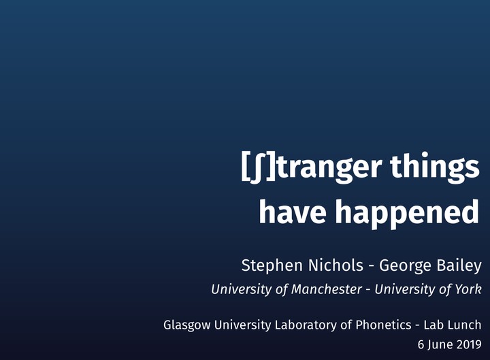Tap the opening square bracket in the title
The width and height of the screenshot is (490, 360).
245,165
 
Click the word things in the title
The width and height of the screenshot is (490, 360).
435,167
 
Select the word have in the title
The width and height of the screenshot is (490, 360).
293,211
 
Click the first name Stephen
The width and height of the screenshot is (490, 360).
272,266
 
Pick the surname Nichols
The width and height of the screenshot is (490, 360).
336,265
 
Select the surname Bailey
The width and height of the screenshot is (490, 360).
459,266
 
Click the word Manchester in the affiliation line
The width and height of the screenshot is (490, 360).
326,289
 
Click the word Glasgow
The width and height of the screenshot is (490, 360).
187,325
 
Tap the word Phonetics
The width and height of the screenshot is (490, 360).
383,325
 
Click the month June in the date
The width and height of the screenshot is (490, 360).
440,344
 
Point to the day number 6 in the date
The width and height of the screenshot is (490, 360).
421,344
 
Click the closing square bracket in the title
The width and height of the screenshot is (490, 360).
271,165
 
